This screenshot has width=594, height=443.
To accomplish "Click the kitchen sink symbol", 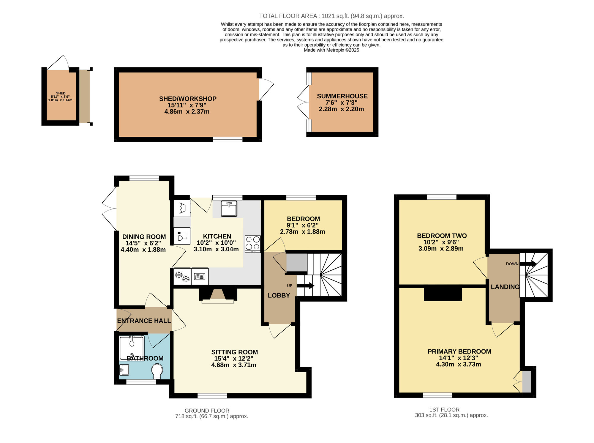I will (229, 209).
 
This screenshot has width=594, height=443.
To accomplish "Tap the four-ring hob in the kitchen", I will (252, 244).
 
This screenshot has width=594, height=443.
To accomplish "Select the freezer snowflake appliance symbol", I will (182, 277).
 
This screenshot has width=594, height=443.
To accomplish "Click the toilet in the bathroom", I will (157, 371).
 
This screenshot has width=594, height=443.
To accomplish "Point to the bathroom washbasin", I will (124, 370).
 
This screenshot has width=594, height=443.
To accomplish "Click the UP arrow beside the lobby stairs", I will (306, 286).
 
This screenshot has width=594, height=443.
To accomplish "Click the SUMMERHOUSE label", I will (342, 96).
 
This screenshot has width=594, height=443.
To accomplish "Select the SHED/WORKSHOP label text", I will (188, 99).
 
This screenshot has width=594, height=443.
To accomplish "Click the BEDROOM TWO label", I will (442, 236).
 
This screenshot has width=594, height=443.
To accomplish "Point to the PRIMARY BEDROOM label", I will (459, 351).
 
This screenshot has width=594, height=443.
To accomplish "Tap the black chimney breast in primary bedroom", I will (443, 293).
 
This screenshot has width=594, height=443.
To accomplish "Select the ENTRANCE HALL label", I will (144, 321).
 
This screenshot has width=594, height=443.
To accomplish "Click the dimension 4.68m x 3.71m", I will (233, 365).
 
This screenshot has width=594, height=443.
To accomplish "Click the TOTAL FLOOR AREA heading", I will (331, 16).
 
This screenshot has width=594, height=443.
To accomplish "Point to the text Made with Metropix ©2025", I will (331, 50).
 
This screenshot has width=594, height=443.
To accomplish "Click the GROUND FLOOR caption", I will (207, 411).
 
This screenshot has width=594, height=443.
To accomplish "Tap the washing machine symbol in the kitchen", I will (182, 208).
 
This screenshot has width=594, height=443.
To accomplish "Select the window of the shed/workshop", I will (228, 139).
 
